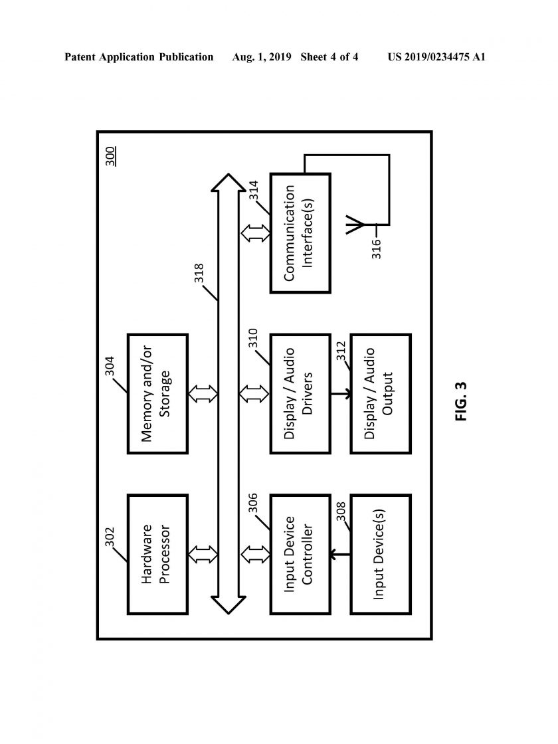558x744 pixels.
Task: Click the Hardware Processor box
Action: click(157, 554)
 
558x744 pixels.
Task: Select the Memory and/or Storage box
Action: click(157, 394)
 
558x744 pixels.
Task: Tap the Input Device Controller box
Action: click(300, 554)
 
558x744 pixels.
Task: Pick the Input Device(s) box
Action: click(381, 554)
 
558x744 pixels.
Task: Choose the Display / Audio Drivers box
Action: click(300, 394)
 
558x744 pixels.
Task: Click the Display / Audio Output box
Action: click(381, 394)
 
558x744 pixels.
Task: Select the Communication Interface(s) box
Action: click(300, 233)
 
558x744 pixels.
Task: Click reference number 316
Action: click(376, 248)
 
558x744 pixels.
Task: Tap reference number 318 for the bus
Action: click(199, 273)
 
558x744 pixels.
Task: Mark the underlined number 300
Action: click(110, 157)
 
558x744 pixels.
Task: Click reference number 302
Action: click(110, 537)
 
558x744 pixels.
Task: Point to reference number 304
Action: click(110, 366)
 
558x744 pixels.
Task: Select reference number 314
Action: click(253, 190)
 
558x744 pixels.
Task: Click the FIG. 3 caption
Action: click(461, 401)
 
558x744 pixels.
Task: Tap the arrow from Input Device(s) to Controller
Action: click(340, 554)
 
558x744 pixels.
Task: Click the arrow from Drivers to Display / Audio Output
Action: click(341, 394)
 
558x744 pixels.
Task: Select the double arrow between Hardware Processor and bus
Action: click(203, 554)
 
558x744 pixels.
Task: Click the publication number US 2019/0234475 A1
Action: click(436, 57)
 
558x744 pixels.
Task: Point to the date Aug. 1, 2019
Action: click(262, 57)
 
